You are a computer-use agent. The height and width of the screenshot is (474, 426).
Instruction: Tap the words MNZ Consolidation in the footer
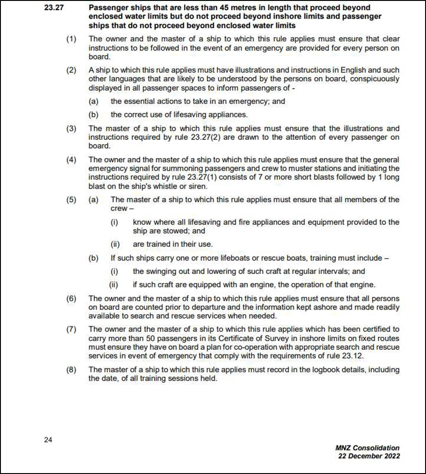367,448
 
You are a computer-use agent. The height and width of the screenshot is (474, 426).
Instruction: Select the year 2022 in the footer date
391,456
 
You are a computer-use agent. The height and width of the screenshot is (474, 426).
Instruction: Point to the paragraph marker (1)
71,39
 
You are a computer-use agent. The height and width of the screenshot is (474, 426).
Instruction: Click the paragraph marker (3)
71,129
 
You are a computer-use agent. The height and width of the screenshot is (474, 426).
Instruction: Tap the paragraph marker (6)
71,298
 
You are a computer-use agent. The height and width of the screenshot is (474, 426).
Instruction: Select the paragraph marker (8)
71,370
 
